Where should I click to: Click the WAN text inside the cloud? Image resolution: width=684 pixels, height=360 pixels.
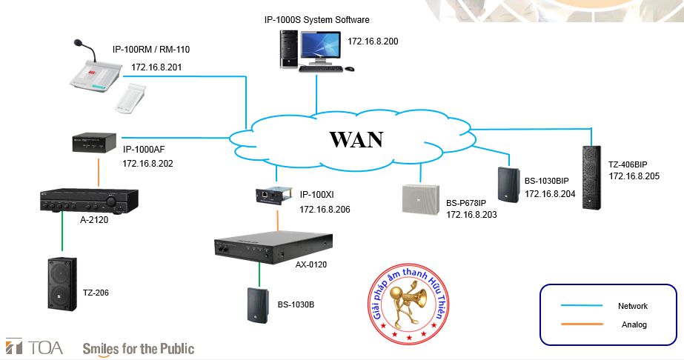pos(356,139)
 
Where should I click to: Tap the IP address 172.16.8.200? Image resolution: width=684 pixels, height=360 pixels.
pos(373,41)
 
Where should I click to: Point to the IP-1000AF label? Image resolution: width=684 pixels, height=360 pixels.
pos(144,150)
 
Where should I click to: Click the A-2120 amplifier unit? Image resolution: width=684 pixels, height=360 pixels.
pos(90,201)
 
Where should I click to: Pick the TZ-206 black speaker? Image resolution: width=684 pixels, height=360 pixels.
pos(62,284)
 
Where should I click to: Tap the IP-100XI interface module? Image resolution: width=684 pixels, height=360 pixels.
pos(273,196)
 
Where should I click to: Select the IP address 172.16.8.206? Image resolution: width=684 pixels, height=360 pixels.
pos(325,210)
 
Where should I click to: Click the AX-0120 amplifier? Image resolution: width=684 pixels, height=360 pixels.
pos(273,248)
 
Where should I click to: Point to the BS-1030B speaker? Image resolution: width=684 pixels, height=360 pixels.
pos(258,305)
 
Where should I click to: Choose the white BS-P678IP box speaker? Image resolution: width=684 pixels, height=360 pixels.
pos(420,199)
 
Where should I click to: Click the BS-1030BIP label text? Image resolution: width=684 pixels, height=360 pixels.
pos(547,181)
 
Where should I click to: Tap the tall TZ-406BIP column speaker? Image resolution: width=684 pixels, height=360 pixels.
pos(591,177)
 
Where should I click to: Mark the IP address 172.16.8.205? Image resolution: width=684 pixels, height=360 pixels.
pos(634,176)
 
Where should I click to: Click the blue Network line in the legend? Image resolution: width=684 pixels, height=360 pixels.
pos(582,305)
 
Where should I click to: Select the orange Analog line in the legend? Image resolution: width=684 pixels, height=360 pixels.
pos(582,324)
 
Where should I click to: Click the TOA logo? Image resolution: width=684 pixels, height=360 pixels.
pos(34,347)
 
